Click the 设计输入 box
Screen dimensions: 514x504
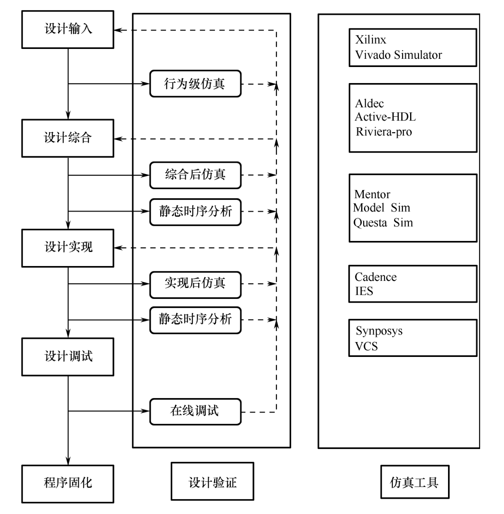[68, 30]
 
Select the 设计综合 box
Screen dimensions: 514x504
[68, 138]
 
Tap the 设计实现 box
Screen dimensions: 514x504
[68, 248]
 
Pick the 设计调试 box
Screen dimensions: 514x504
[68, 357]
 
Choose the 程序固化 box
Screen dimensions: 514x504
[68, 484]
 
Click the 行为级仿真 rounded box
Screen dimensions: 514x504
[195, 84]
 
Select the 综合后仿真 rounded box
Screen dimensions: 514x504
[195, 175]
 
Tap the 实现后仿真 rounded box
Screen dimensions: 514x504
[195, 284]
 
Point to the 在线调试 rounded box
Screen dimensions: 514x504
[195, 411]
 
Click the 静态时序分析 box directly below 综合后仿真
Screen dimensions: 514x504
[195, 212]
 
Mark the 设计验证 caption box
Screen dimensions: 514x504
[212, 482]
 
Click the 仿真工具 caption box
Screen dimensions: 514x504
[415, 482]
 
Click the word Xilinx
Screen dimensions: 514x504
[371, 40]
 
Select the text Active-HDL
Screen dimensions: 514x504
[385, 117]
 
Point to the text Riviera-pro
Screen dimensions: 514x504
[384, 132]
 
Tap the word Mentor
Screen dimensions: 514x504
[372, 194]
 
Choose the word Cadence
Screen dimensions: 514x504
[376, 277]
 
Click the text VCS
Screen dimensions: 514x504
[366, 346]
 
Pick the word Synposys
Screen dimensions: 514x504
[379, 331]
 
